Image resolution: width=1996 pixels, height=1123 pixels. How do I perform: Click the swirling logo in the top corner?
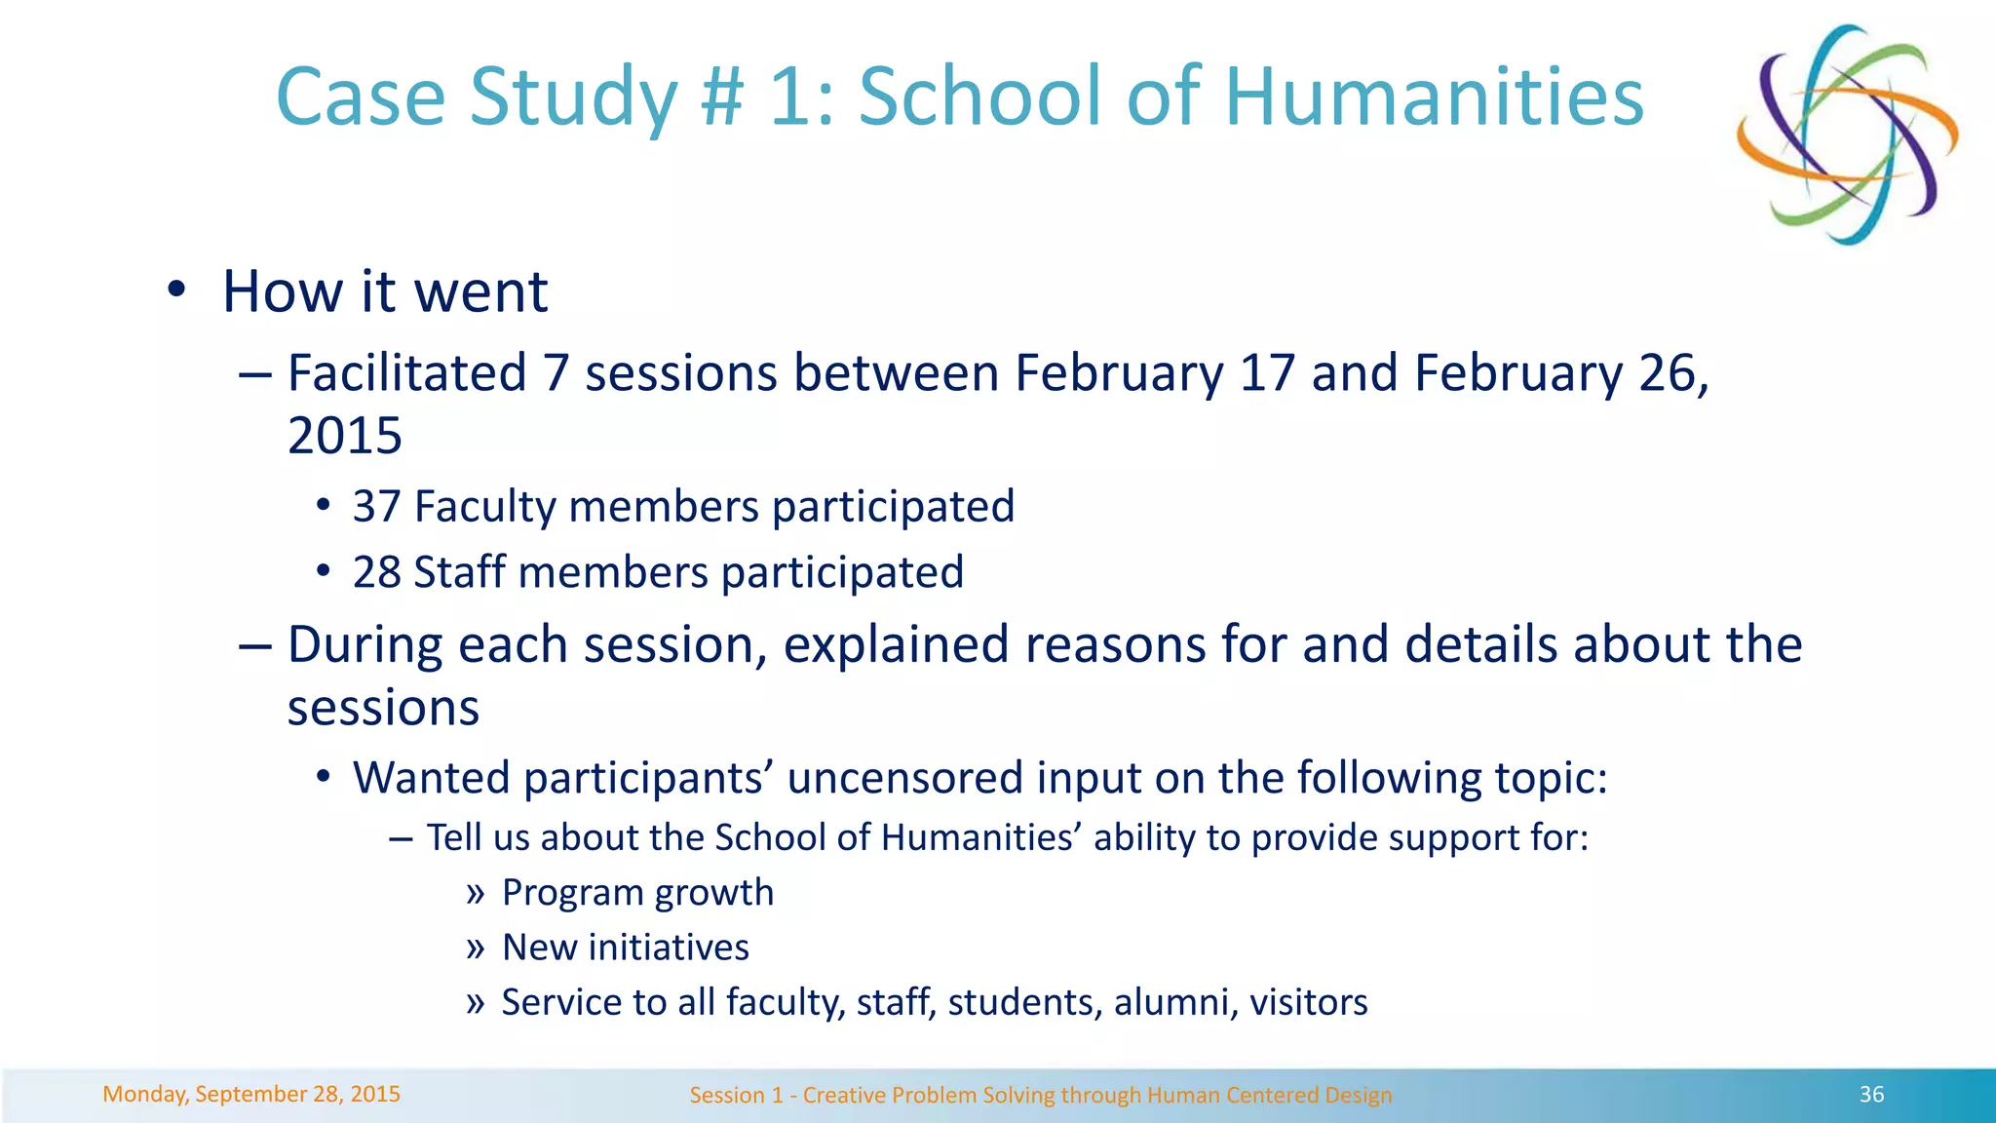pyautogui.click(x=1847, y=135)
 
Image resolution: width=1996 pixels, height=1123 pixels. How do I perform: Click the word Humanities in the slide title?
pyautogui.click(x=1434, y=97)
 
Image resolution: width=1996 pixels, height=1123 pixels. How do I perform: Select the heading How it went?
pyautogui.click(x=385, y=291)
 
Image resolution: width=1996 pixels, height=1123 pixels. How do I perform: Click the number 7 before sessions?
pyautogui.click(x=556, y=373)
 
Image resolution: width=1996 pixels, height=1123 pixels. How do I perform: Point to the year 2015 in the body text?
pyautogui.click(x=345, y=436)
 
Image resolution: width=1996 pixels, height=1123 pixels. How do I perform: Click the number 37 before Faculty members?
pyautogui.click(x=376, y=507)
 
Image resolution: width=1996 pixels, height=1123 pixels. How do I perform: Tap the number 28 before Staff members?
pyautogui.click(x=376, y=572)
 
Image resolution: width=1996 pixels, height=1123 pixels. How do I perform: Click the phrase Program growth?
pyautogui.click(x=637, y=893)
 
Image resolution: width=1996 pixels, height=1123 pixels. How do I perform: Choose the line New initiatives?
pyautogui.click(x=625, y=948)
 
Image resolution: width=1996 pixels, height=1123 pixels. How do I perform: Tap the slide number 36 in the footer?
pyautogui.click(x=1871, y=1095)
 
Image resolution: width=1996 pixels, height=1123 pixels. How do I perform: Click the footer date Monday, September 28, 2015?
pyautogui.click(x=251, y=1094)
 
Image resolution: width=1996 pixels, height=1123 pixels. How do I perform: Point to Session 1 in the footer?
pyautogui.click(x=736, y=1095)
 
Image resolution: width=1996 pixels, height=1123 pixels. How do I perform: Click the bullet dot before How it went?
pyautogui.click(x=175, y=290)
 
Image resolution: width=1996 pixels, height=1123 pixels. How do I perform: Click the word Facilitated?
pyautogui.click(x=407, y=373)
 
